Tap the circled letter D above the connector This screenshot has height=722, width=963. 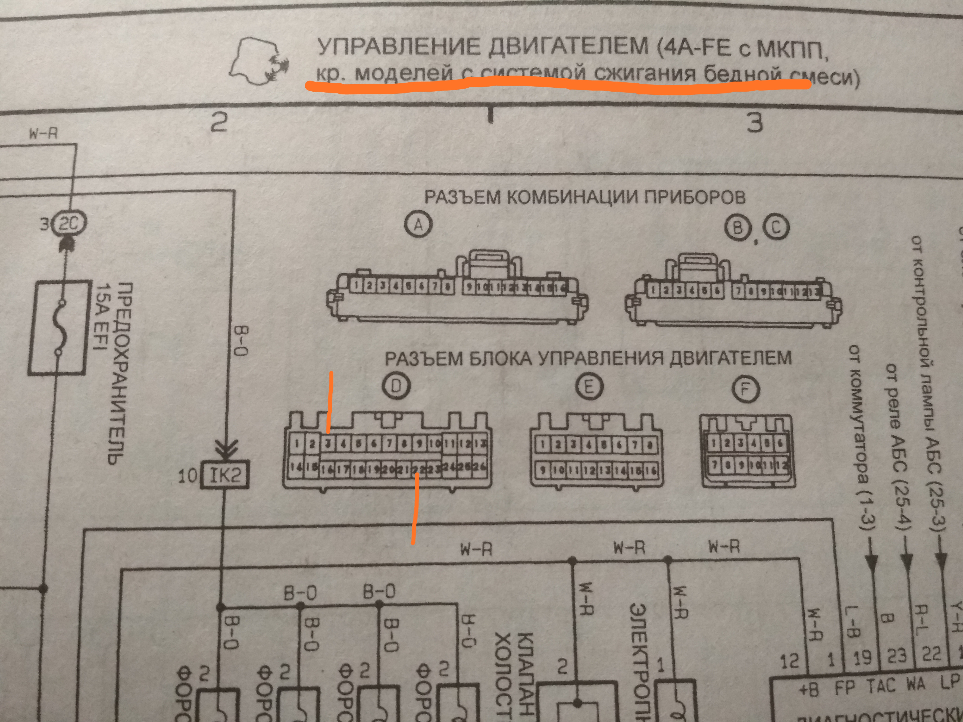pyautogui.click(x=396, y=386)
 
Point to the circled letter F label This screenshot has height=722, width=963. pyautogui.click(x=745, y=389)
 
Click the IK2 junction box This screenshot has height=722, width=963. pyautogui.click(x=225, y=475)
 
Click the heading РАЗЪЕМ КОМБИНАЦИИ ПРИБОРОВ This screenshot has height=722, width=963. pyautogui.click(x=585, y=197)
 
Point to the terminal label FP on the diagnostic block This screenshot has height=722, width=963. pyautogui.click(x=844, y=688)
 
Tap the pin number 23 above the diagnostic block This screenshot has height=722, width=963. pyautogui.click(x=896, y=656)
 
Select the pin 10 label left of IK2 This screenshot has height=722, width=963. pyautogui.click(x=188, y=476)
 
